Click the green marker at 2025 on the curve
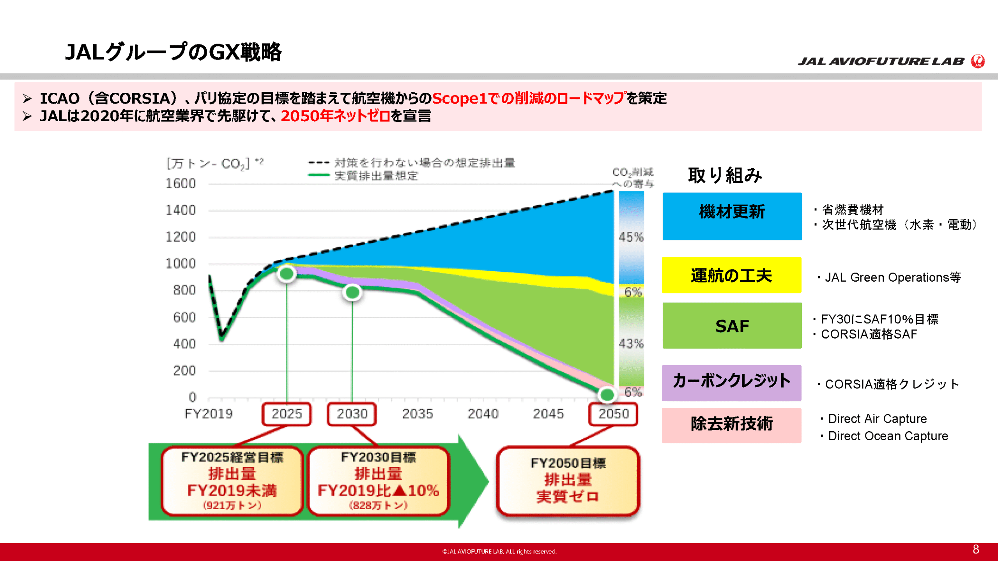click(287, 274)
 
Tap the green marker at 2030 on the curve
click(352, 292)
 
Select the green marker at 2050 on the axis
click(607, 395)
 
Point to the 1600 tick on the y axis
click(180, 183)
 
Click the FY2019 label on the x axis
click(209, 413)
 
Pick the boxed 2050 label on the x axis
click(613, 414)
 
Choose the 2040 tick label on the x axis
click(483, 413)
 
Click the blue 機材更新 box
click(732, 216)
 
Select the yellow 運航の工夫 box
click(731, 275)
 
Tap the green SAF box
click(732, 325)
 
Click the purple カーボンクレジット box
click(731, 383)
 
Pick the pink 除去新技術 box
click(731, 425)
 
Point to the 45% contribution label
click(631, 237)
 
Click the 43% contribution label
click(631, 344)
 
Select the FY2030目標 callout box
click(378, 481)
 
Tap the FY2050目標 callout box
click(568, 481)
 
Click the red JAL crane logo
click(978, 61)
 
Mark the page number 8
click(976, 549)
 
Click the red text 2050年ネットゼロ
click(335, 116)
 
